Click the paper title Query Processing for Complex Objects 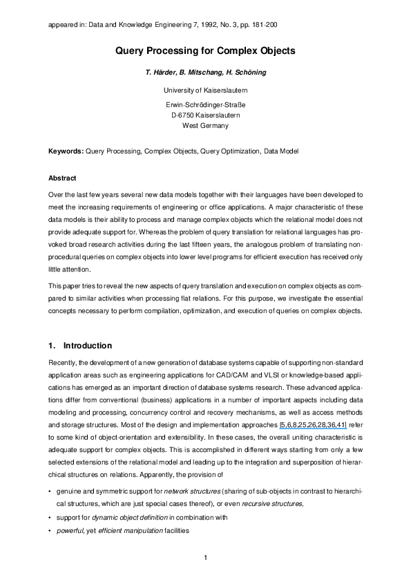[x=205, y=51]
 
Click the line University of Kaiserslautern [x=205, y=91]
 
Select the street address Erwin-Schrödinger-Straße [x=205, y=104]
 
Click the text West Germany [x=205, y=126]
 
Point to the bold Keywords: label [x=66, y=150]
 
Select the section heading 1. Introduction [x=80, y=346]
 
